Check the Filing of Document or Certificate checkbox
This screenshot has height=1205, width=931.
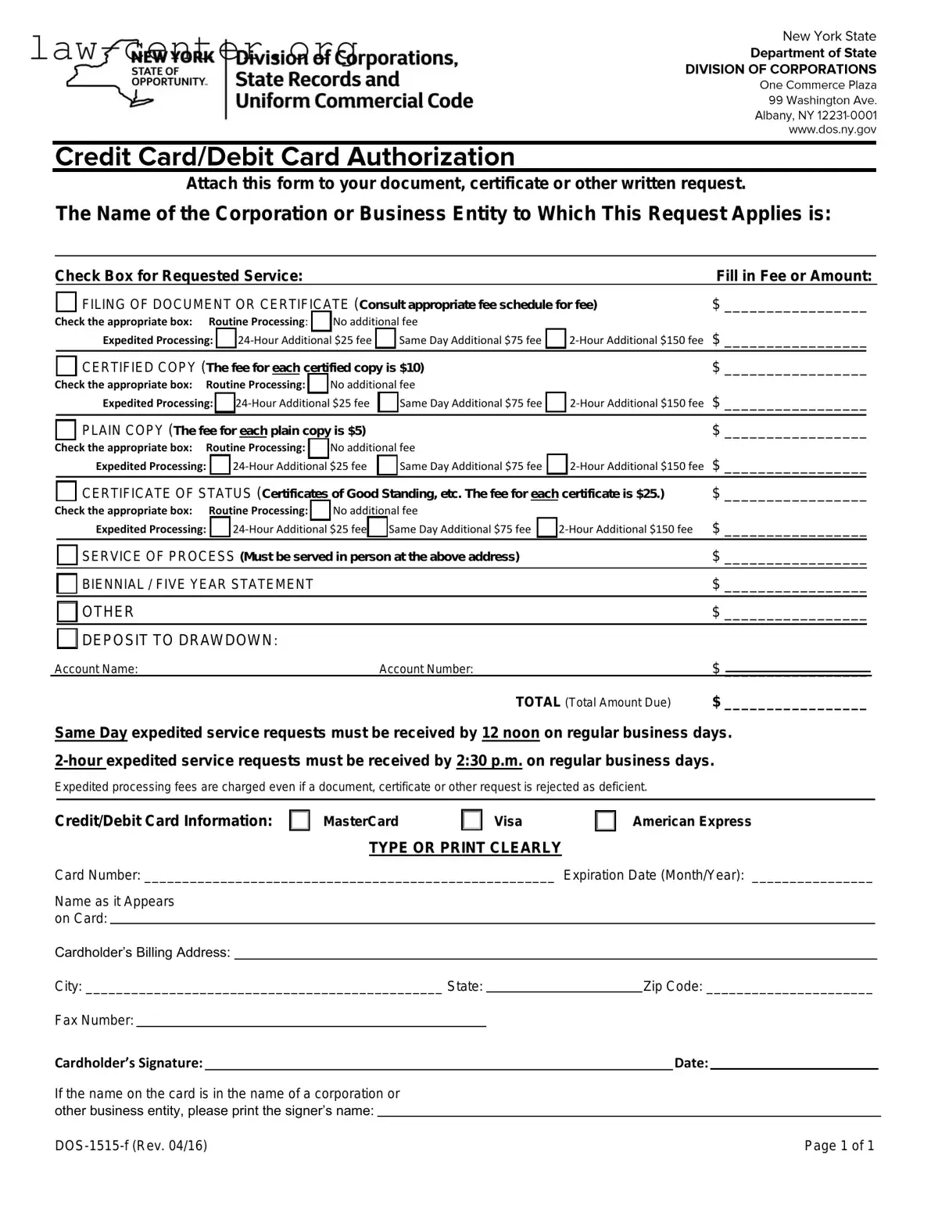(66, 303)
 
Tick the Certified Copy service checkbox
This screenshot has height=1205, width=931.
(66, 366)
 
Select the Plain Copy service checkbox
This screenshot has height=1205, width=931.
(66, 429)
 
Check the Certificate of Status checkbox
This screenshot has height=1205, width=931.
(66, 492)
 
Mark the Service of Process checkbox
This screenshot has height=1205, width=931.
(67, 555)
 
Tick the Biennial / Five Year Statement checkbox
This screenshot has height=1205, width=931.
(67, 584)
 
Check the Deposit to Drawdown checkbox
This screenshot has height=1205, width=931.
(67, 639)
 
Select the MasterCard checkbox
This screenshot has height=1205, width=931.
(299, 820)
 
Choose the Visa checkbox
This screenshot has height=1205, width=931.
(471, 820)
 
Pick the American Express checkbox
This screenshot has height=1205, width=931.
(605, 820)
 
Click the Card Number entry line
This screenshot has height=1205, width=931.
(349, 876)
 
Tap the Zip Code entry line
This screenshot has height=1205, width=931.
(789, 987)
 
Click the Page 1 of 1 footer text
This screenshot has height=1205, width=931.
(839, 1146)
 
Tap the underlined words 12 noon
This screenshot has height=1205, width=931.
(510, 733)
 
